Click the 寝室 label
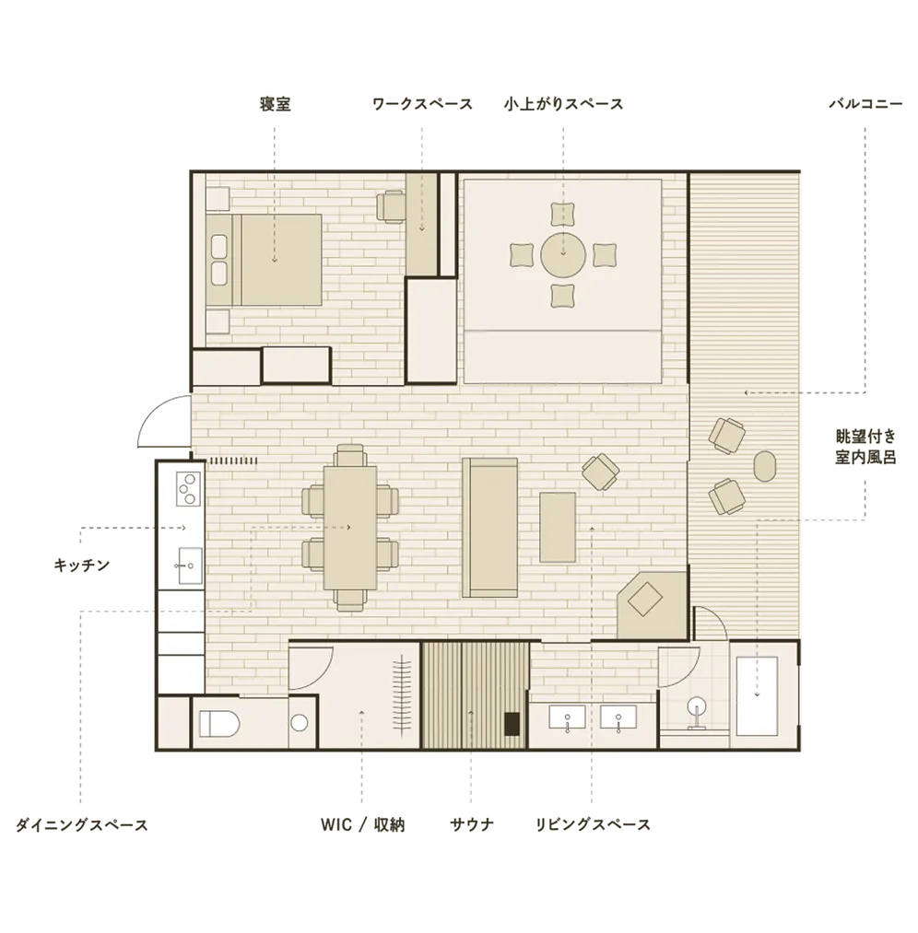(x=275, y=104)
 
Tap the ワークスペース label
(x=422, y=104)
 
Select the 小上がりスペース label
(x=563, y=104)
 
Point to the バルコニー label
(x=865, y=104)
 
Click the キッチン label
(x=81, y=565)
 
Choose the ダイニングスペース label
(x=81, y=825)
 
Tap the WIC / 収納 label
(x=362, y=824)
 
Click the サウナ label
(x=472, y=824)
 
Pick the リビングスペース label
(x=593, y=824)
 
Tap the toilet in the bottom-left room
(x=219, y=724)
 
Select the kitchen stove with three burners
(x=188, y=488)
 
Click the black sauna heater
(x=512, y=724)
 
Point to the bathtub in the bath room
(x=757, y=696)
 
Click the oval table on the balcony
(x=765, y=466)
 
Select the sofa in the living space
(x=490, y=527)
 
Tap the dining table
(x=350, y=527)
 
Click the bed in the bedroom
(x=265, y=260)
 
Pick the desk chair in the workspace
(x=391, y=206)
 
